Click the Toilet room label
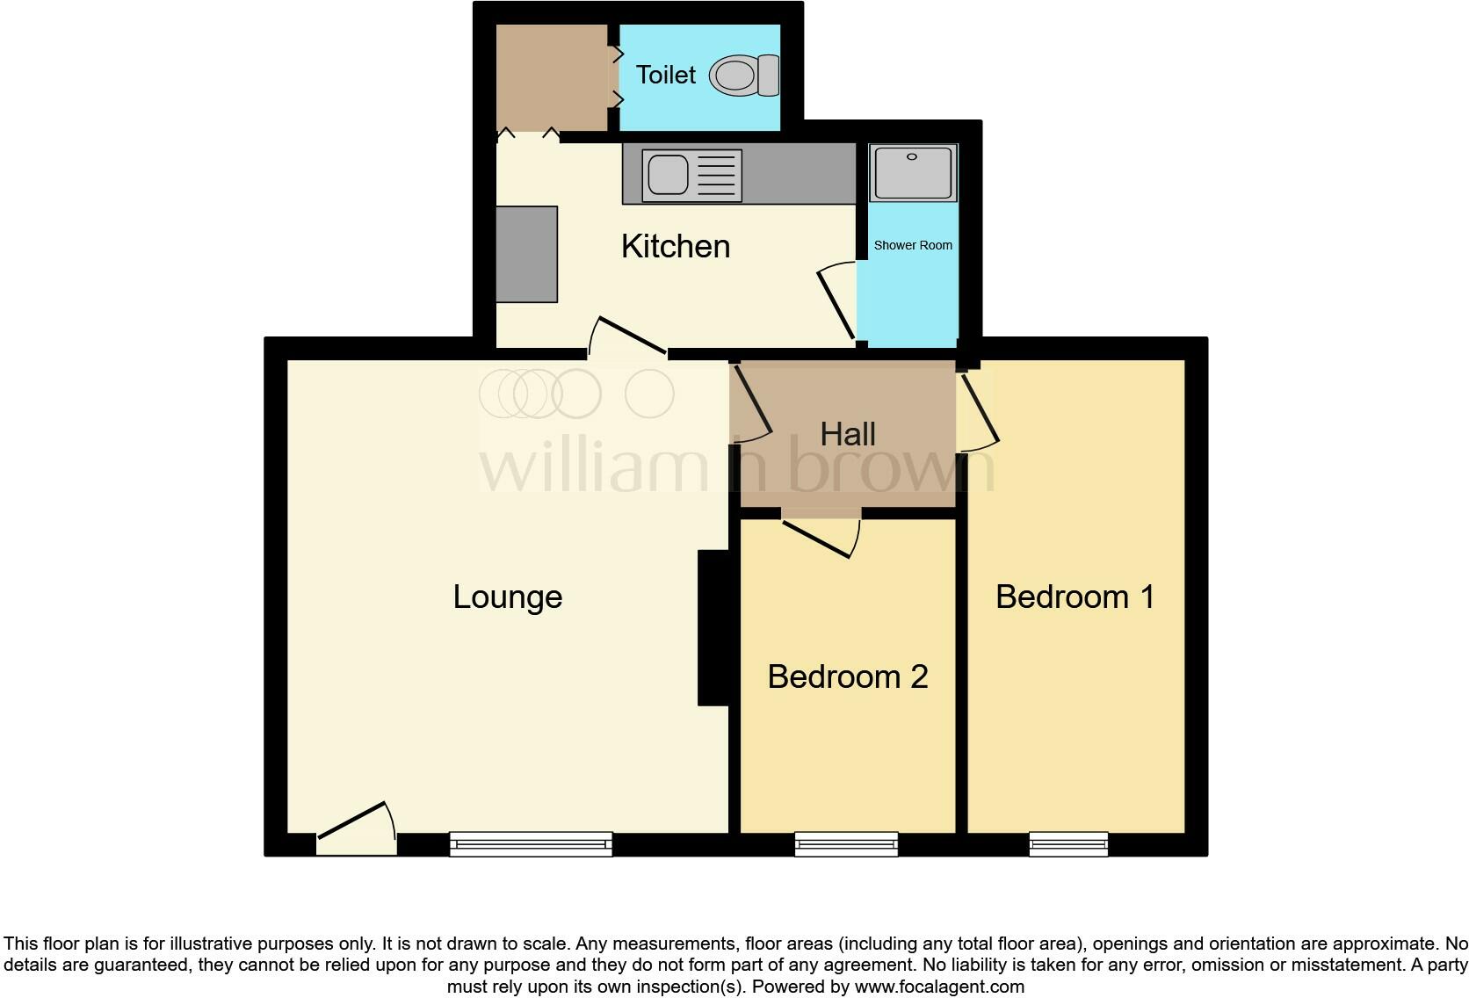pos(665,76)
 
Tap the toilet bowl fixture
pos(743,76)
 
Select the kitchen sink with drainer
pos(691,175)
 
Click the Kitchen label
pos(675,247)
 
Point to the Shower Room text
pos(913,245)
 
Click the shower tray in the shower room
pos(913,172)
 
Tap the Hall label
pos(848,434)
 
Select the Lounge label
pos(507,597)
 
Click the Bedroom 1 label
pos(1075,597)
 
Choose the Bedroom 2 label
pos(847,677)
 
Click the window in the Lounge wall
pos(531,844)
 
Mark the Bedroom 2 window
pos(846,844)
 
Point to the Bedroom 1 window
pos(1068,844)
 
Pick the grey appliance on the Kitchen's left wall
pos(526,255)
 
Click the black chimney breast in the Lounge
pos(713,627)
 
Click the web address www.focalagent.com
pos(939,986)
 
